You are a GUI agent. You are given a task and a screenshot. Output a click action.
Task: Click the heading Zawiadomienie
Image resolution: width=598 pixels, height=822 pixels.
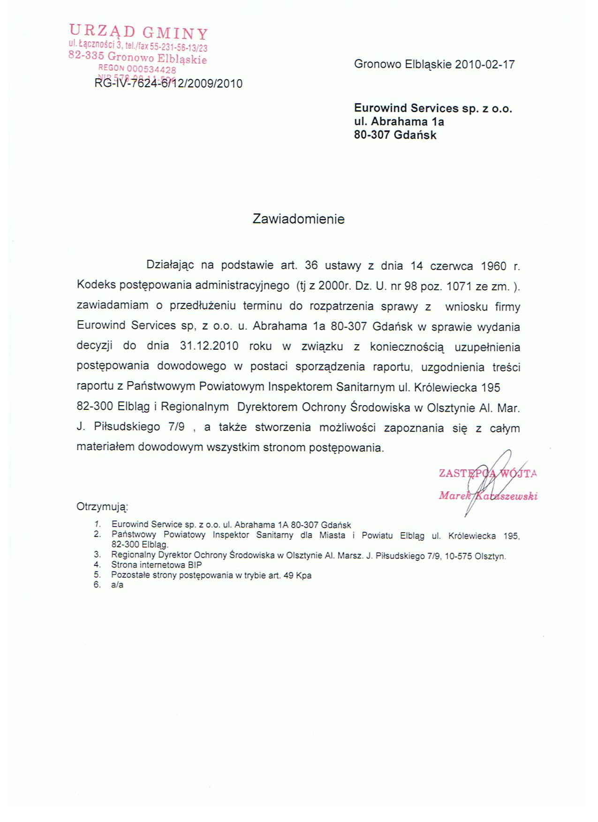(x=298, y=219)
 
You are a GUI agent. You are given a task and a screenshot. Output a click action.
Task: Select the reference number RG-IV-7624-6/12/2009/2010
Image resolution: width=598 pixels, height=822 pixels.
(x=168, y=84)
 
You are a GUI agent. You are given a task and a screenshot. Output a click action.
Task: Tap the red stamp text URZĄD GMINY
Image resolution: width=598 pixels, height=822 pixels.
(x=138, y=32)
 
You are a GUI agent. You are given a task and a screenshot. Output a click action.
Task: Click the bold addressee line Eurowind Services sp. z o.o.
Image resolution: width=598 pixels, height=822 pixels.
(x=433, y=108)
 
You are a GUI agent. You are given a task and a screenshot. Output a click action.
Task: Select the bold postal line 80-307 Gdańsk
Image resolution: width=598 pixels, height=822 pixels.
(x=395, y=135)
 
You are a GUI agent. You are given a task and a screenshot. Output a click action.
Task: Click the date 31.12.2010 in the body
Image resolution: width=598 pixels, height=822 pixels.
(x=209, y=347)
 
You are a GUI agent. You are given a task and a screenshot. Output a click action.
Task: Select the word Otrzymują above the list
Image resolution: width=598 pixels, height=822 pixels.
(x=102, y=507)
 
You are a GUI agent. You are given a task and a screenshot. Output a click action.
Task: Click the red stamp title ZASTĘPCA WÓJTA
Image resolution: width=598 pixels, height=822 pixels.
(x=488, y=473)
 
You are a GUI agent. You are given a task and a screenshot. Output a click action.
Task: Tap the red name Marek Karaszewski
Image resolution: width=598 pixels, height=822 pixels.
(x=488, y=496)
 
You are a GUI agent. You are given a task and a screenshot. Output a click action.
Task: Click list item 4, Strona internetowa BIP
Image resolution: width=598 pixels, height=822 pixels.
(x=156, y=565)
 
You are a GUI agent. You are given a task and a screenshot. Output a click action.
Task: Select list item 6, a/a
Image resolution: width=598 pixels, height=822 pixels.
(x=117, y=585)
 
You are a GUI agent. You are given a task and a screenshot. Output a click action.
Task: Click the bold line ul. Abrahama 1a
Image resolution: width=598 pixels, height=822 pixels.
(x=399, y=122)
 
